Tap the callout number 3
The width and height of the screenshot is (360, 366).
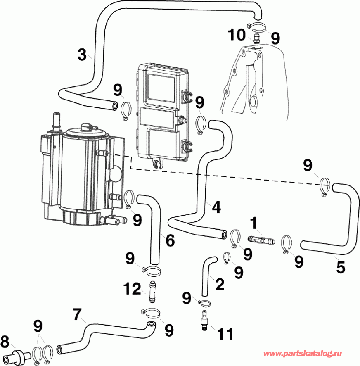point(83,54)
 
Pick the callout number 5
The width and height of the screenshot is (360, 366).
point(341,267)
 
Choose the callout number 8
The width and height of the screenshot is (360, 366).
point(5,342)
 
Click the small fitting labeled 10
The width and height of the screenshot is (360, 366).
point(256,39)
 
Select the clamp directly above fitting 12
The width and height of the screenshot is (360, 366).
point(152,271)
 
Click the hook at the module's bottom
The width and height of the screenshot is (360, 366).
point(157,165)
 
